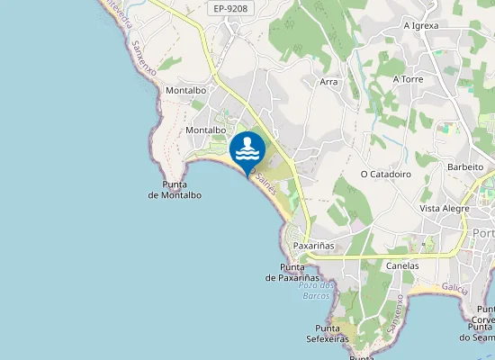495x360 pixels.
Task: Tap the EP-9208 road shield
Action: [x=232, y=9]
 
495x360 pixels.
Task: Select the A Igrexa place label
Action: [x=421, y=25]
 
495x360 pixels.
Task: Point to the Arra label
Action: [x=328, y=82]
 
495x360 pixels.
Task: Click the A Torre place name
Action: [x=408, y=79]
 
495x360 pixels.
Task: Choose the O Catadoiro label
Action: [x=385, y=174]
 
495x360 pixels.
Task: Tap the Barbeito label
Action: [x=465, y=167]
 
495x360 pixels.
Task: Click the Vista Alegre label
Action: [x=445, y=208]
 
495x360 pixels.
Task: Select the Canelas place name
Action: [x=402, y=266]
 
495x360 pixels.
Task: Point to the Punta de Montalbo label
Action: [x=175, y=190]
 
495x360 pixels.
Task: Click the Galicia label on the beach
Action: [x=455, y=288]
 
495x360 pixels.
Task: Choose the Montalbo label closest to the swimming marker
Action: [x=204, y=130]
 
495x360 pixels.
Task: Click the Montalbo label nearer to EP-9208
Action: [x=187, y=91]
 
